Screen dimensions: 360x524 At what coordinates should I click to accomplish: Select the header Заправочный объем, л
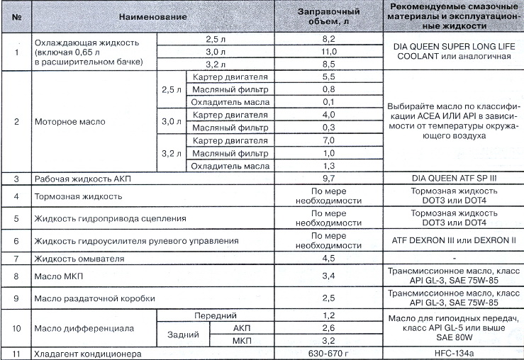(327, 16)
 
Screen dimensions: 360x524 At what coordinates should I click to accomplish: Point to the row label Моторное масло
(70, 121)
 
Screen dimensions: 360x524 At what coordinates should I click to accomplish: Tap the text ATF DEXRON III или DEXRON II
(451, 242)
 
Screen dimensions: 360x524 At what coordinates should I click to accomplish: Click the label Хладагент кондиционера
(87, 353)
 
